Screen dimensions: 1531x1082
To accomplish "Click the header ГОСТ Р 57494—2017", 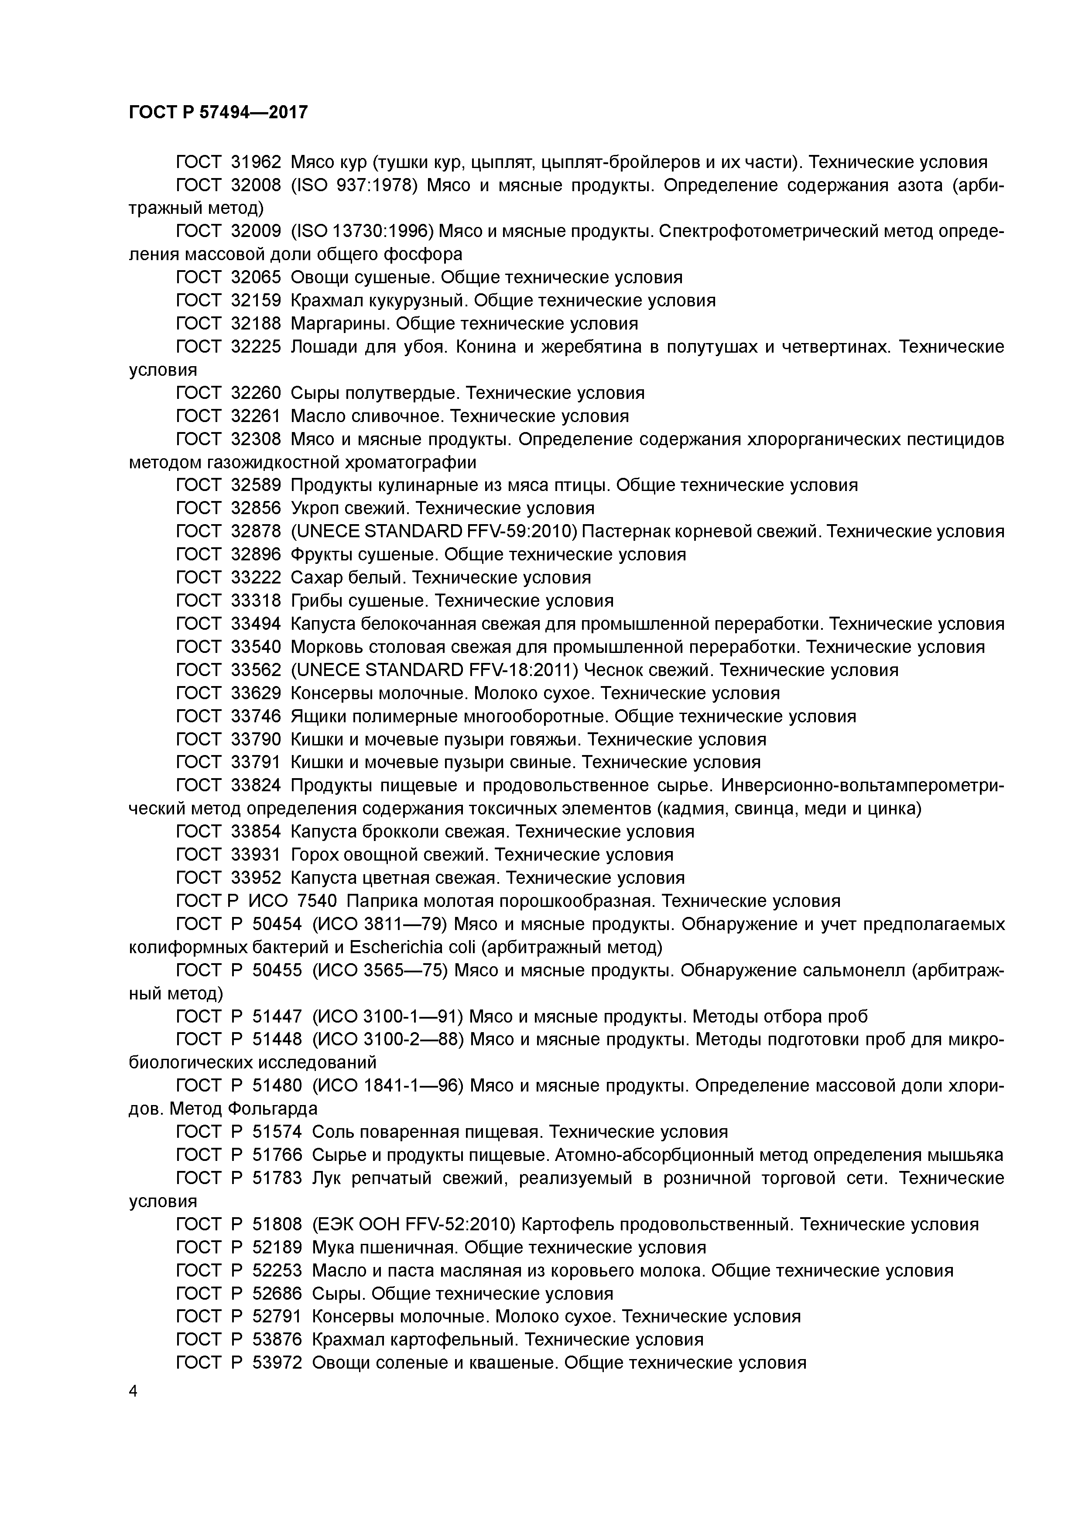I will (x=218, y=112).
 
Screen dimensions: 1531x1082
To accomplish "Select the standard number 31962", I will (x=256, y=162).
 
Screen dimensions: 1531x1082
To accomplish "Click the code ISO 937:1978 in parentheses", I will (x=355, y=185).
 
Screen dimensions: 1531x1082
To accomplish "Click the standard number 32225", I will (x=256, y=347).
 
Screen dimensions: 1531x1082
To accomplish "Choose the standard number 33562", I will (x=256, y=670).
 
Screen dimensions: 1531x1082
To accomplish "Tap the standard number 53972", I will (x=277, y=1362).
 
